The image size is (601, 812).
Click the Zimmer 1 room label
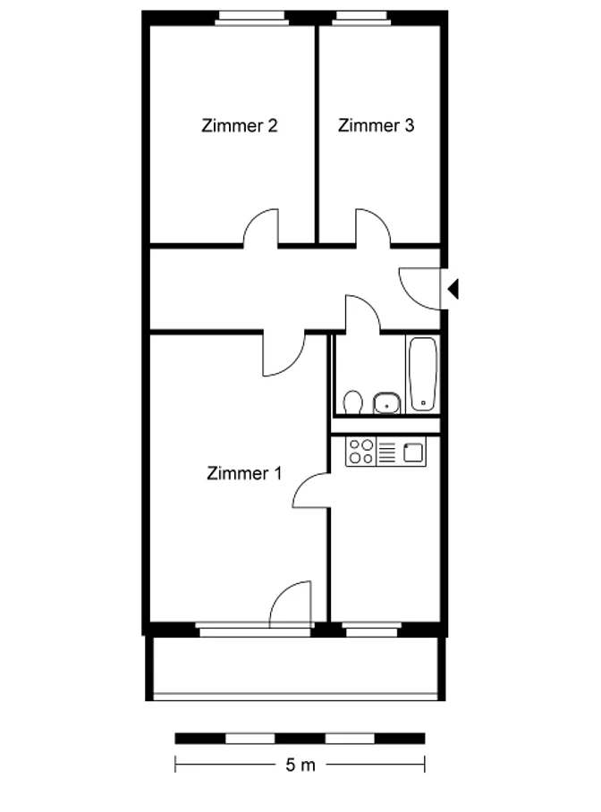click(243, 473)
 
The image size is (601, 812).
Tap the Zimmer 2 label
click(240, 125)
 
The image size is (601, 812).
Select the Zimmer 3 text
click(377, 125)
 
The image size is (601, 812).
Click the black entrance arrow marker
click(453, 289)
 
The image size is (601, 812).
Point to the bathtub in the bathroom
click(423, 374)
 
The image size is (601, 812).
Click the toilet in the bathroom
click(353, 402)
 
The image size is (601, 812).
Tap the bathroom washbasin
click(386, 402)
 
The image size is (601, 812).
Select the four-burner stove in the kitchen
click(360, 452)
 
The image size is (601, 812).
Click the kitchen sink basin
click(412, 453)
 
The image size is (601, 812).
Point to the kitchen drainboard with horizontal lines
click(387, 452)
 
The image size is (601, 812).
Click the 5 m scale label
click(300, 765)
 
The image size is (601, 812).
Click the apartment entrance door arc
click(419, 289)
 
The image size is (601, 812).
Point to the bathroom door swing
click(363, 313)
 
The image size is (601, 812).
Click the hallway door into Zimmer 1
click(283, 354)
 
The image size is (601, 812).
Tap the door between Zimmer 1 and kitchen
click(311, 490)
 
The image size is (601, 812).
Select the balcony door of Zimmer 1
click(290, 603)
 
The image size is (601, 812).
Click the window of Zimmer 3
click(361, 19)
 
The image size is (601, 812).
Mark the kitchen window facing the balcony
click(371, 630)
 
